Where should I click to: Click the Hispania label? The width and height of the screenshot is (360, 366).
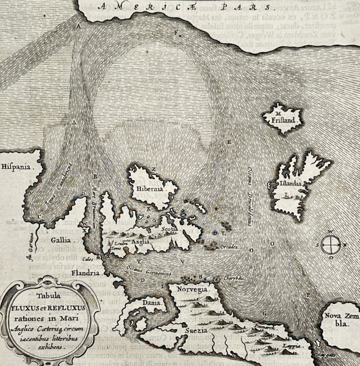[16, 165]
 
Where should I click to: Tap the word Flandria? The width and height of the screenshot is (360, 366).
[85, 273]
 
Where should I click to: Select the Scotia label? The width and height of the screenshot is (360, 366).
[170, 231]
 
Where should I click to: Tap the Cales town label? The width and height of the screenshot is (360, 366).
[80, 258]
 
